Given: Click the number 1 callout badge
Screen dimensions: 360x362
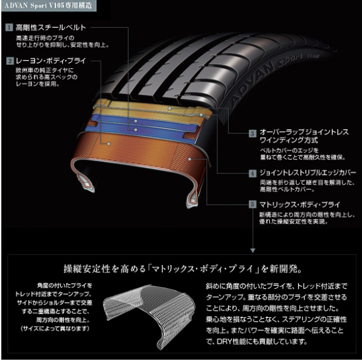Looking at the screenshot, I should [x=10, y=28].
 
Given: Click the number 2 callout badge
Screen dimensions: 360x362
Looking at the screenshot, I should [x=10, y=61].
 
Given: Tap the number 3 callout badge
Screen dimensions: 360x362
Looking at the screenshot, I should [x=253, y=133].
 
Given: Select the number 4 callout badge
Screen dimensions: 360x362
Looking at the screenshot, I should [x=253, y=173].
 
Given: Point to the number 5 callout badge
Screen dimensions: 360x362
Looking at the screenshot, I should [x=253, y=205].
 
